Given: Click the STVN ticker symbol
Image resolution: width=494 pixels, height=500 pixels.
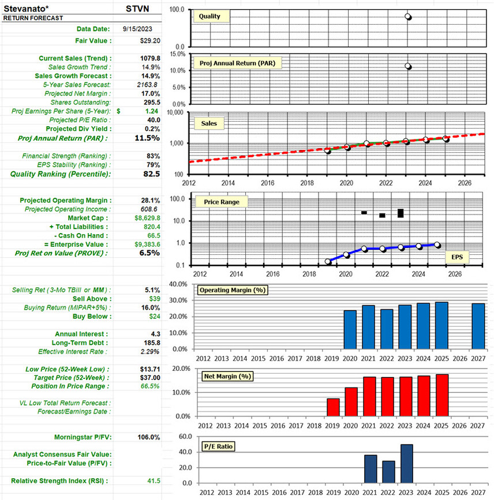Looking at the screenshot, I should [139, 9].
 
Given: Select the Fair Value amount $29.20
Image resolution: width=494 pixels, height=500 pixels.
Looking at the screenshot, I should [150, 41].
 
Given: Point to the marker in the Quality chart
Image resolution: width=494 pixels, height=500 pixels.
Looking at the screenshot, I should [408, 17].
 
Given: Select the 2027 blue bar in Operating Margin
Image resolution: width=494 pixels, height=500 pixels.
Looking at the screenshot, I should [477, 326].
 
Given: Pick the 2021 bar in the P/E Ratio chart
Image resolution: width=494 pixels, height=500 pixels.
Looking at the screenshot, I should [370, 468].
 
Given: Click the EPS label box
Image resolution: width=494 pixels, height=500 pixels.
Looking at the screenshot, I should [457, 257].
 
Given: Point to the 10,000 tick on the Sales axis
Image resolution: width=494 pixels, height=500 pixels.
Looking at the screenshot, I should [175, 112].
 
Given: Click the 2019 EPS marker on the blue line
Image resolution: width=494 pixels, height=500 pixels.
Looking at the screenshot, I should [328, 261].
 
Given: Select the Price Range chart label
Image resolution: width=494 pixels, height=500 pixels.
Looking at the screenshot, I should [218, 202].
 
